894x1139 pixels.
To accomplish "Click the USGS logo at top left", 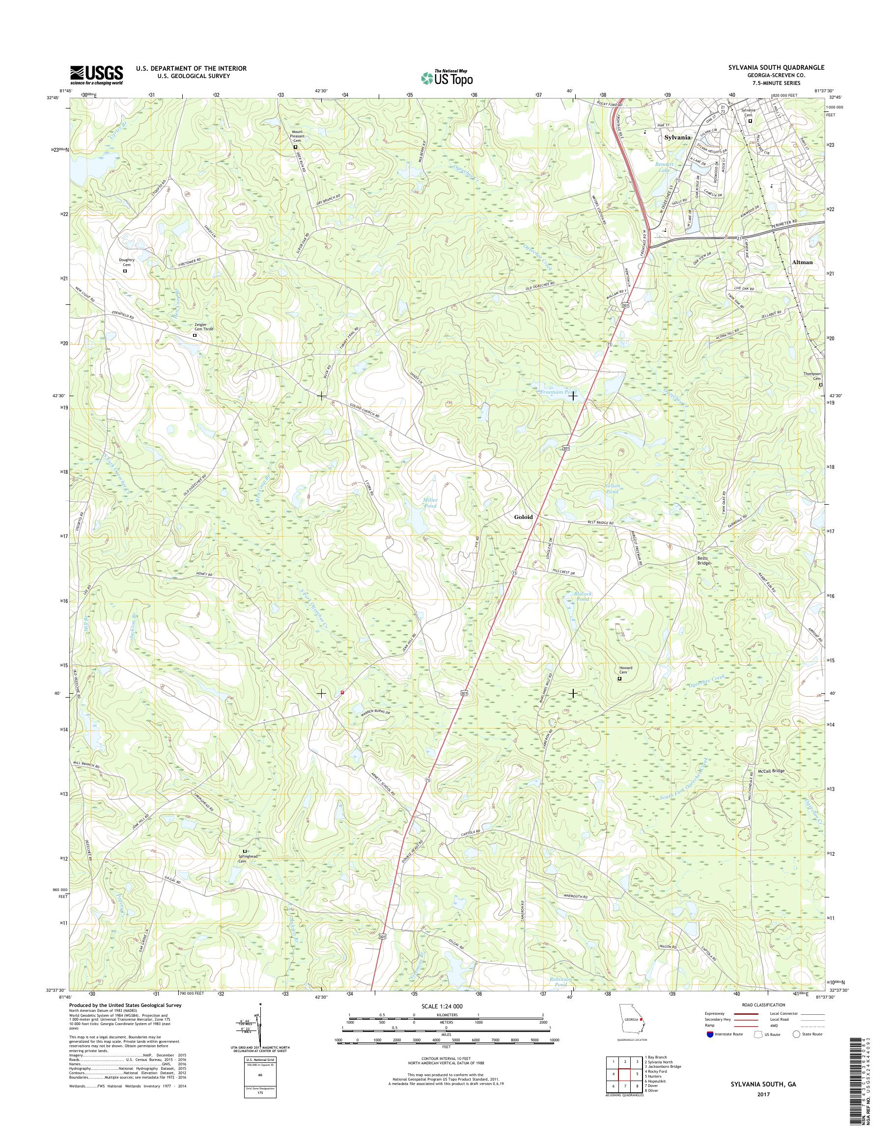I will (x=97, y=75).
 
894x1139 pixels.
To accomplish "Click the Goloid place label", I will (x=523, y=516).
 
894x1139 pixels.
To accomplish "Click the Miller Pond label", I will (x=430, y=503).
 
